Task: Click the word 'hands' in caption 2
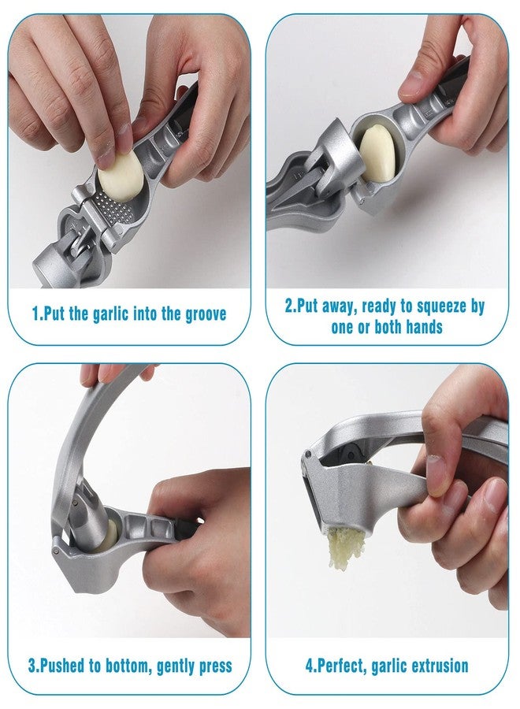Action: pyautogui.click(x=424, y=327)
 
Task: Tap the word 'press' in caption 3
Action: pyautogui.click(x=215, y=666)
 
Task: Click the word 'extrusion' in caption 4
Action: pyautogui.click(x=436, y=666)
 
